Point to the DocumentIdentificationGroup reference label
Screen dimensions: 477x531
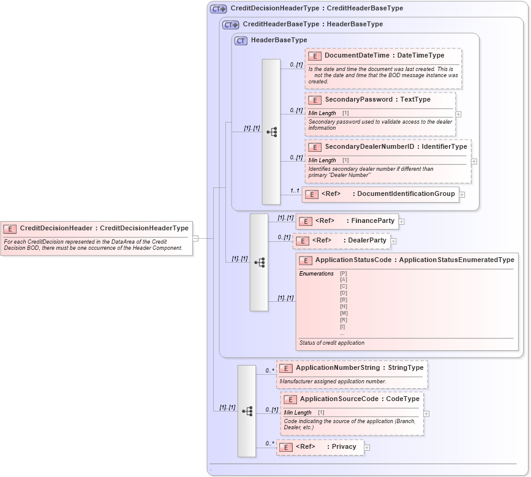[406, 194]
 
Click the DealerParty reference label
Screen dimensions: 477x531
[367, 240]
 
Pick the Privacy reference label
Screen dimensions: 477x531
[344, 447]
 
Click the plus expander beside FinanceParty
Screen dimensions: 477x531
[402, 221]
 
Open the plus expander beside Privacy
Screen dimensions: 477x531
[367, 448]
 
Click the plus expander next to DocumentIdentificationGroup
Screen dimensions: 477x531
[462, 195]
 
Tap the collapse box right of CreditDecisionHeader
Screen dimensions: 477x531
[195, 238]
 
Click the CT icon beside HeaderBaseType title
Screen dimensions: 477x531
[241, 40]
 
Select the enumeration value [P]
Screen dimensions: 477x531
[343, 273]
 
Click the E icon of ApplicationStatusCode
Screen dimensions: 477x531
[306, 260]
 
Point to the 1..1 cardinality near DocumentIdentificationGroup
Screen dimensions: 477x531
[295, 190]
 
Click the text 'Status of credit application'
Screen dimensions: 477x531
[331, 343]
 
